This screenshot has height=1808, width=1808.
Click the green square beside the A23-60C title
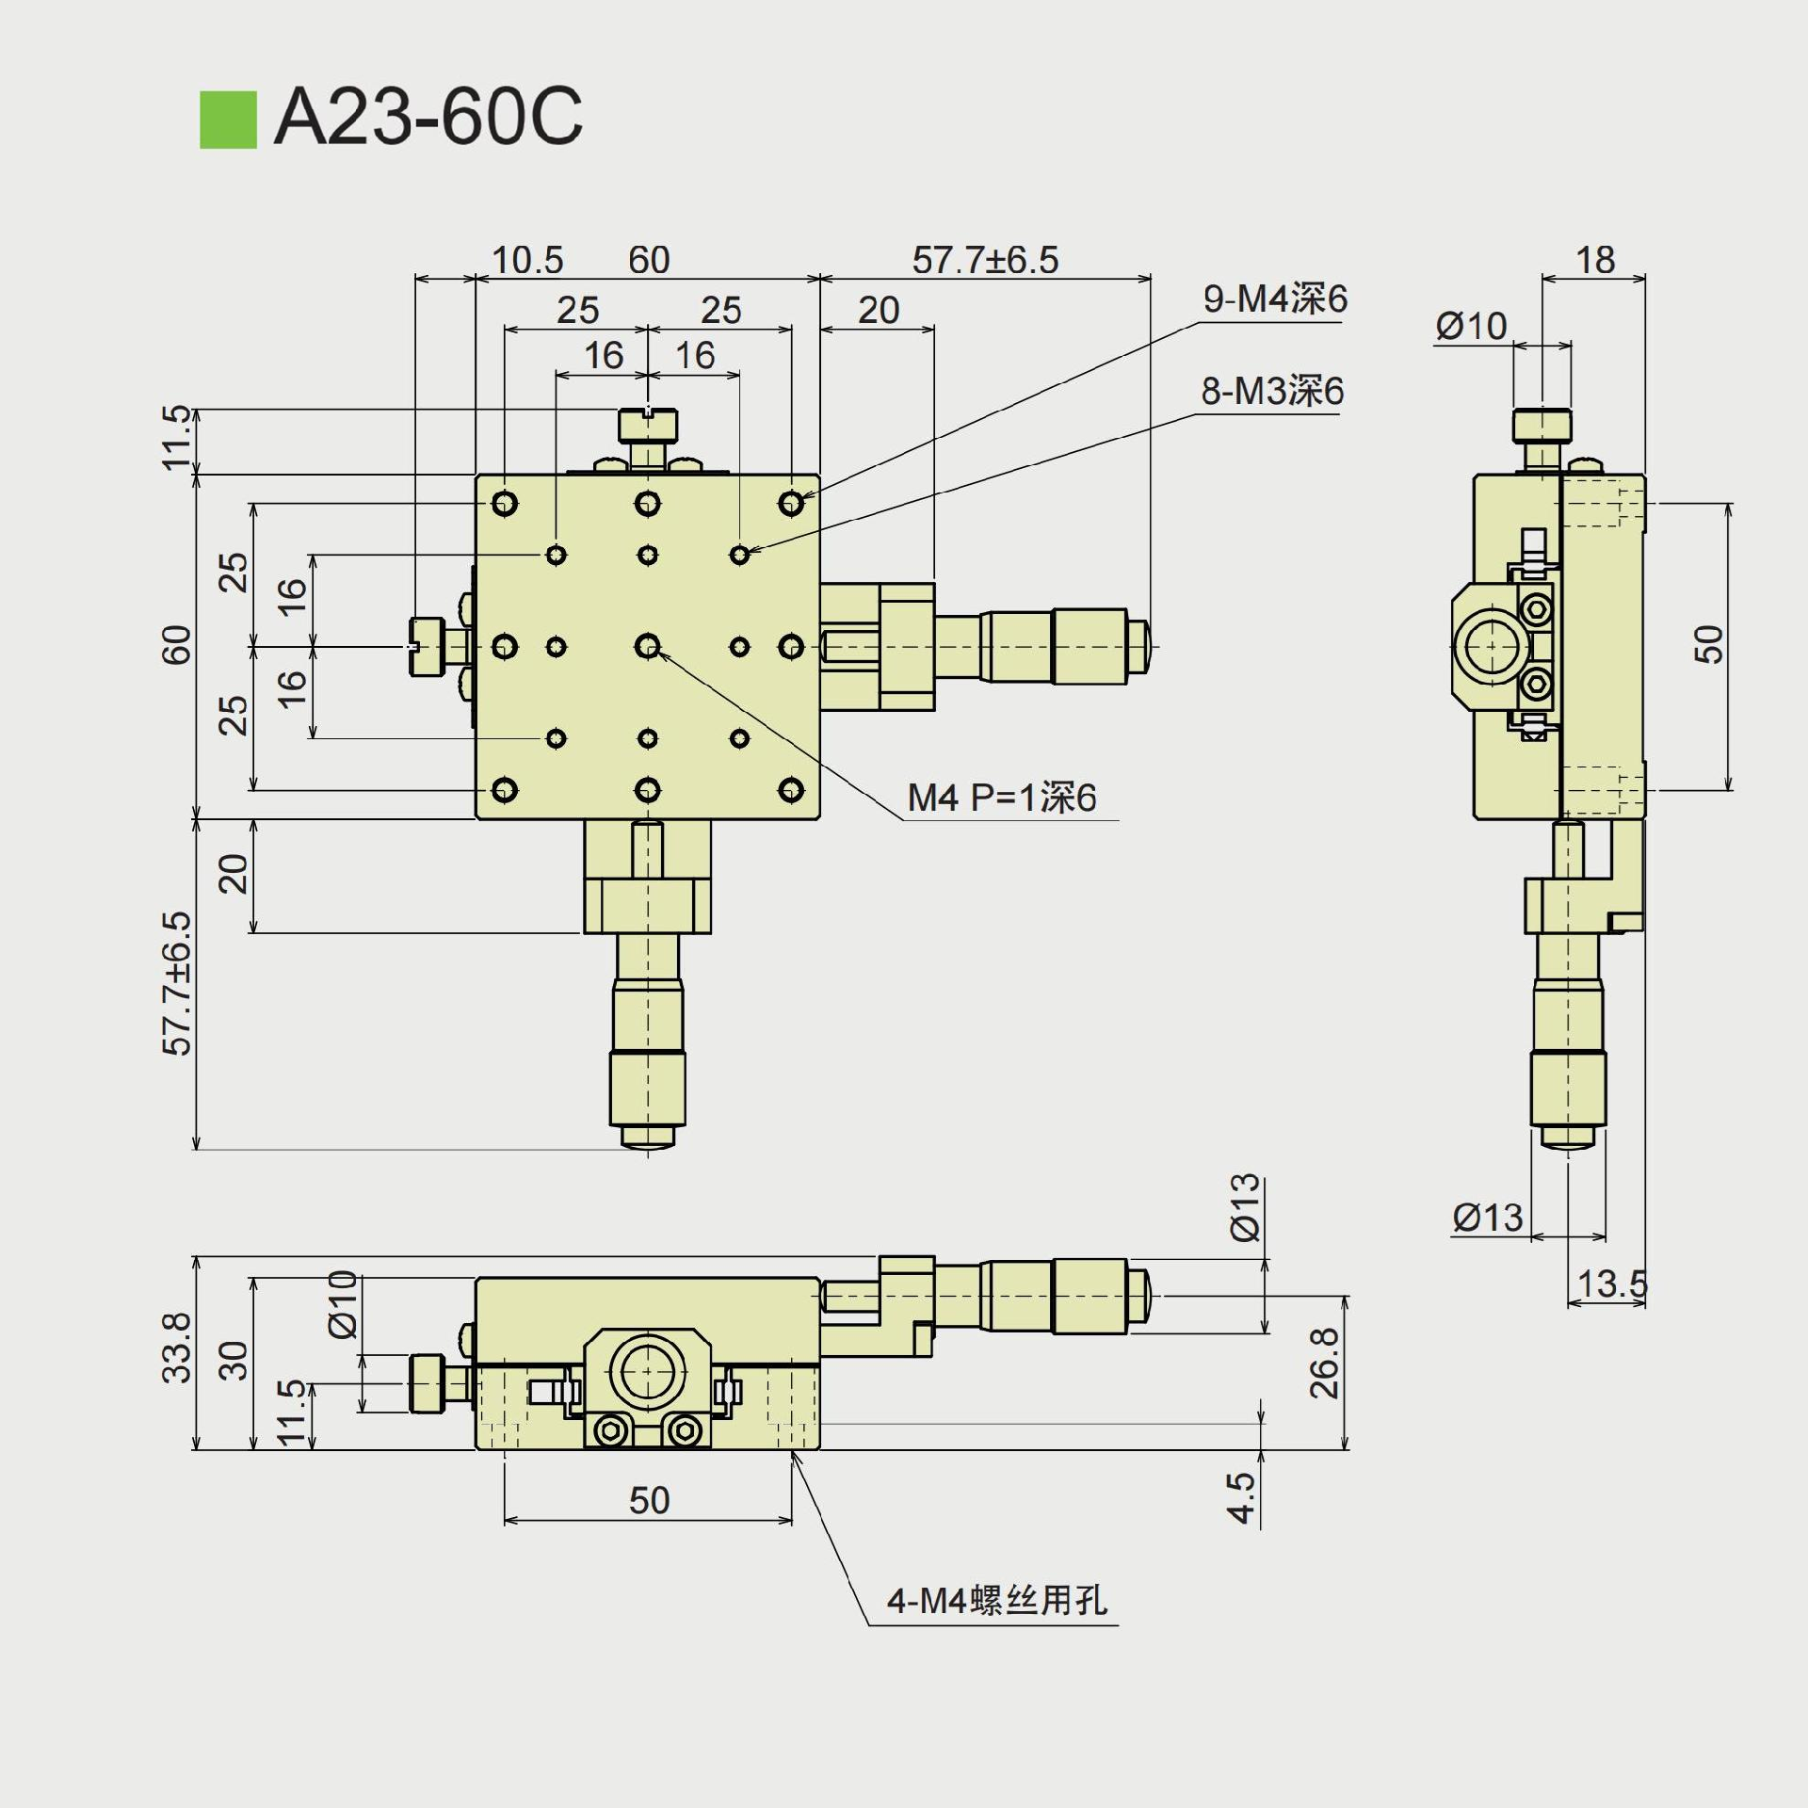pyautogui.click(x=228, y=120)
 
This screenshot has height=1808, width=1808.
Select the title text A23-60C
pyautogui.click(x=428, y=117)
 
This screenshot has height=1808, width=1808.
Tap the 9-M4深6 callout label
pyautogui.click(x=1275, y=299)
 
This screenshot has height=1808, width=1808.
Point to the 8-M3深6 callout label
pyautogui.click(x=1272, y=391)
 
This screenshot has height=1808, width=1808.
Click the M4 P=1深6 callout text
pyautogui.click(x=1002, y=799)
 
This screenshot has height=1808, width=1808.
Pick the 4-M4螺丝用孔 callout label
pyautogui.click(x=996, y=1600)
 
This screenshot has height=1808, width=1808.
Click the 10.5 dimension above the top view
pyautogui.click(x=527, y=260)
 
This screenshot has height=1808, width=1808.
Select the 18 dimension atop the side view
pyautogui.click(x=1595, y=260)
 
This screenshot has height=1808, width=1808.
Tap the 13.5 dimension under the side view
pyautogui.click(x=1612, y=1283)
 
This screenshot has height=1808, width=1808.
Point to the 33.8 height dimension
pyautogui.click(x=177, y=1348)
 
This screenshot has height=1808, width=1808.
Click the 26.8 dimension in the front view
pyautogui.click(x=1324, y=1363)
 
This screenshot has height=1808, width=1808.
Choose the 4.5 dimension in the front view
pyautogui.click(x=1242, y=1497)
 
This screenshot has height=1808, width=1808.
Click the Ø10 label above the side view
pyautogui.click(x=1471, y=327)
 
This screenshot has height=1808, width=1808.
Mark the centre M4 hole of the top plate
pyautogui.click(x=647, y=646)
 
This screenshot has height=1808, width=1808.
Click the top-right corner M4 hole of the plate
pyautogui.click(x=791, y=504)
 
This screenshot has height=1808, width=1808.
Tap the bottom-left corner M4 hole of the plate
pyautogui.click(x=505, y=789)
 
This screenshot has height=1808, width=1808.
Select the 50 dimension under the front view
pyautogui.click(x=649, y=1500)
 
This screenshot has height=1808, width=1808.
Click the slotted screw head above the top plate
pyautogui.click(x=648, y=425)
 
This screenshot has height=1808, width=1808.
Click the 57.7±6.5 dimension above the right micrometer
pyautogui.click(x=985, y=260)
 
